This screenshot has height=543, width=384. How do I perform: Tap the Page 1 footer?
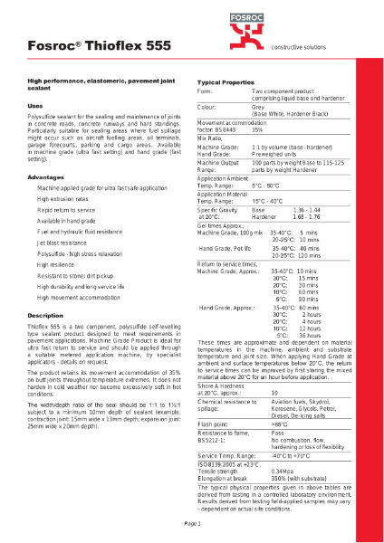[192, 524]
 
